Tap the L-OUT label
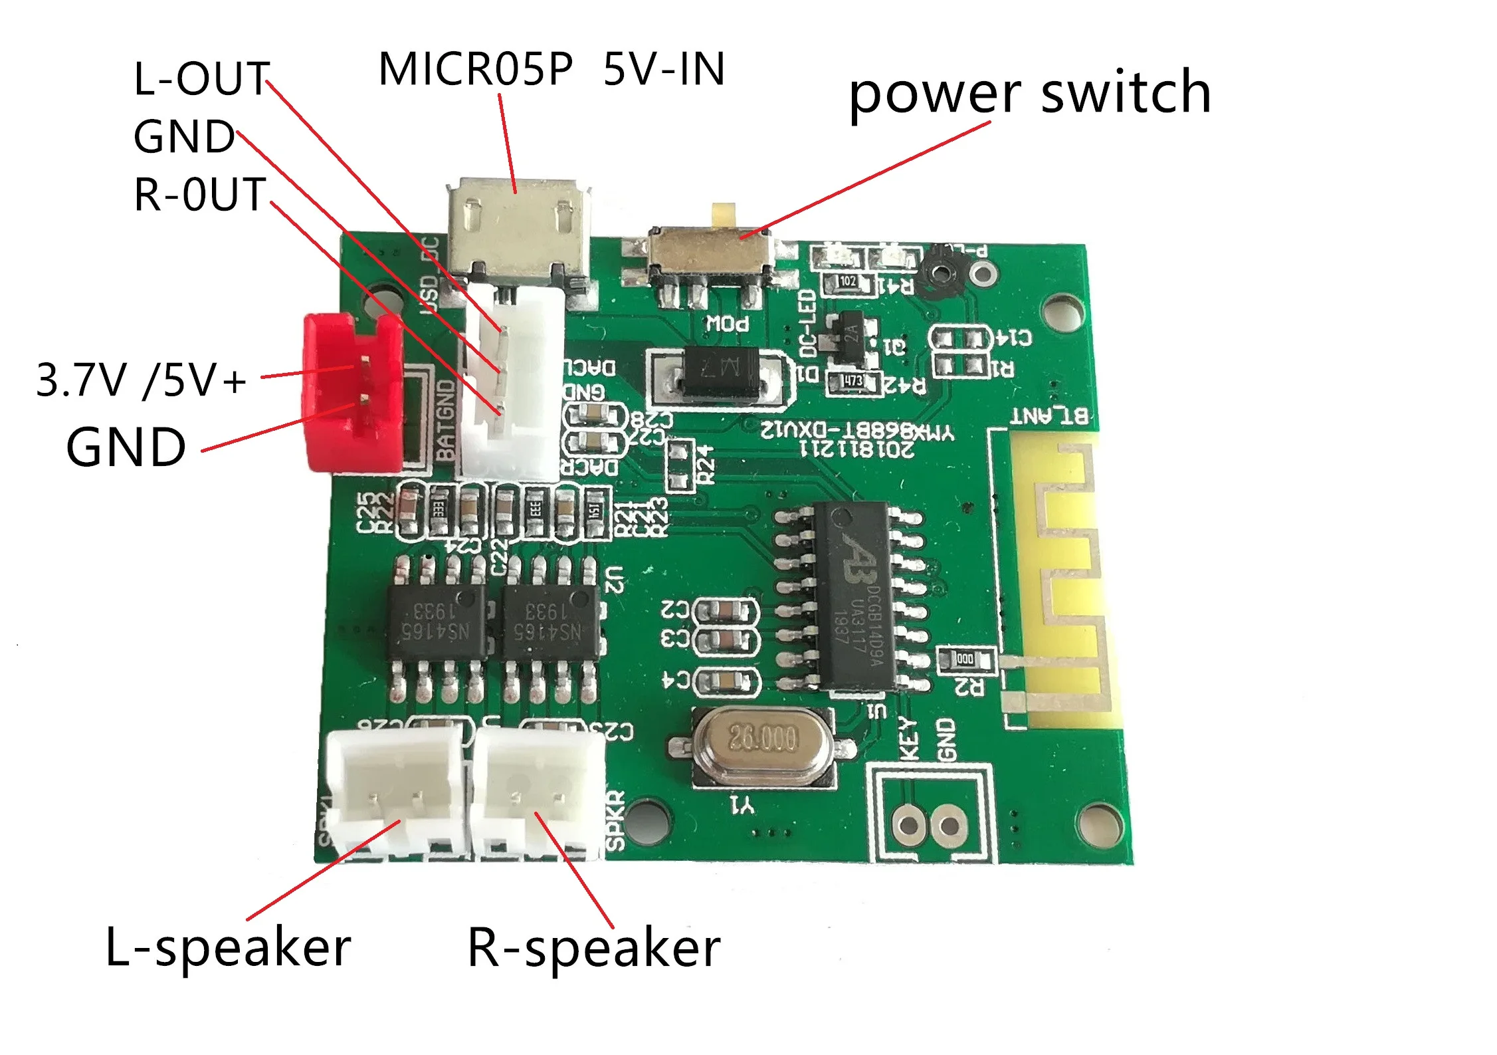pyautogui.click(x=201, y=78)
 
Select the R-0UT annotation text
pyautogui.click(x=200, y=194)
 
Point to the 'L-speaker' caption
pyautogui.click(x=228, y=947)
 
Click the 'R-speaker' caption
pyautogui.click(x=593, y=948)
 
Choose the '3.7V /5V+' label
pyautogui.click(x=140, y=380)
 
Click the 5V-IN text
pyautogui.click(x=663, y=69)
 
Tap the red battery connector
pyautogui.click(x=352, y=392)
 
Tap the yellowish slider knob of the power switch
pyautogui.click(x=724, y=214)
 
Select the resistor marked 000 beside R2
pyautogui.click(x=965, y=659)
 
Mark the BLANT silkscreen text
pyautogui.click(x=1049, y=416)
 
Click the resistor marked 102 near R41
pyautogui.click(x=847, y=282)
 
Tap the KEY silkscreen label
pyautogui.click(x=908, y=739)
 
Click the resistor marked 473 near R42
pyautogui.click(x=853, y=381)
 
